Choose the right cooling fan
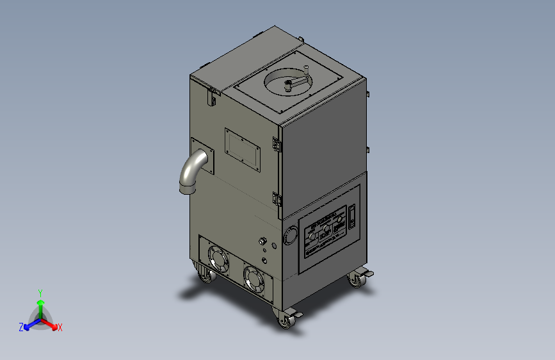click(x=254, y=279)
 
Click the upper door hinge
click(x=277, y=145)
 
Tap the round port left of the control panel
click(x=291, y=235)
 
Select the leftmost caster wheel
click(x=205, y=275)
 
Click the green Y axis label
click(x=40, y=291)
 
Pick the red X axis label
click(x=60, y=327)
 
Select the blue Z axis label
click(x=21, y=327)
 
